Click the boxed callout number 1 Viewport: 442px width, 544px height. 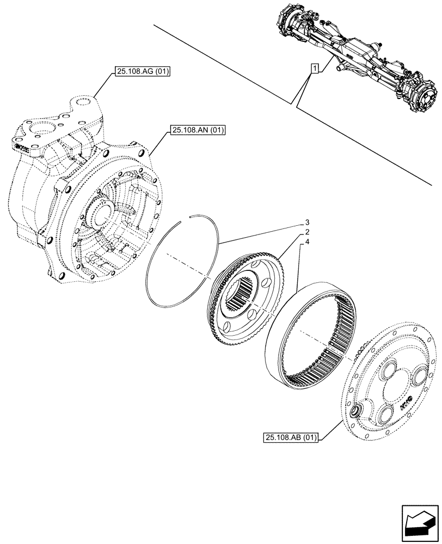pos(315,68)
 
